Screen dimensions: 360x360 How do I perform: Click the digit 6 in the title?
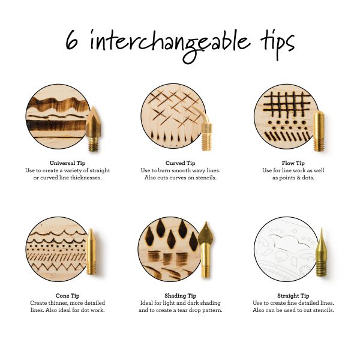click(71, 40)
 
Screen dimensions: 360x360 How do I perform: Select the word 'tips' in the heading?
click(277, 44)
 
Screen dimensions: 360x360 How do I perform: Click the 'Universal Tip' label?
click(67, 163)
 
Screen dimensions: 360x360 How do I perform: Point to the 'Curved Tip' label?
click(180, 163)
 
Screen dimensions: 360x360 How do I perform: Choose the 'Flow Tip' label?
click(293, 163)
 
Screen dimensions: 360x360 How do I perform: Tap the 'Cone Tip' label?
click(67, 296)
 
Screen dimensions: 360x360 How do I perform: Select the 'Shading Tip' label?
click(180, 296)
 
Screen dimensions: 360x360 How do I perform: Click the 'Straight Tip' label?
click(293, 296)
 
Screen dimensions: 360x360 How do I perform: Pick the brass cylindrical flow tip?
click(319, 131)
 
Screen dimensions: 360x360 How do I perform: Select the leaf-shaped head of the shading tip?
click(206, 234)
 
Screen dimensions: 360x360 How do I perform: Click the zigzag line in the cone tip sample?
click(56, 267)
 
